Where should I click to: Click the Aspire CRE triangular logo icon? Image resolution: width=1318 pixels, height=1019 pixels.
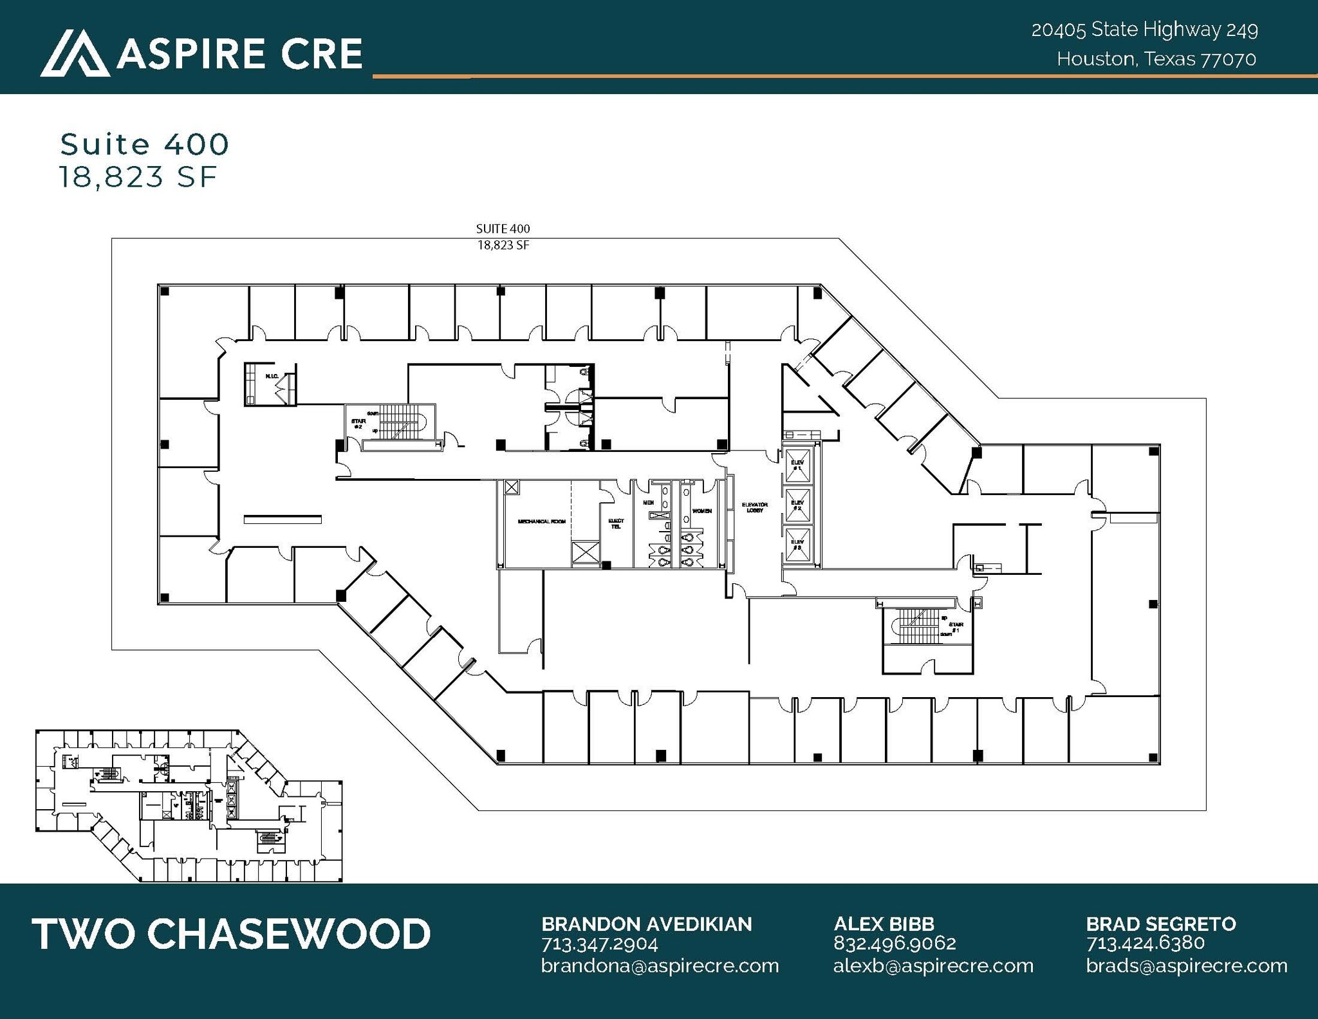[75, 53]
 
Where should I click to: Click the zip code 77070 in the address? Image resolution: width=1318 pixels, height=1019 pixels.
[1229, 59]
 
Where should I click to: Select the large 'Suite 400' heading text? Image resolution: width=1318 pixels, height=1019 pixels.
[144, 144]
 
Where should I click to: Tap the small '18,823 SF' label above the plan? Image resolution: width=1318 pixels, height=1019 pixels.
[503, 245]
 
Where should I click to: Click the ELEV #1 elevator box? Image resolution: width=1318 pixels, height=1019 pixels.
[797, 465]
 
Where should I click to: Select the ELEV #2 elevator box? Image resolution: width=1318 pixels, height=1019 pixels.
[797, 505]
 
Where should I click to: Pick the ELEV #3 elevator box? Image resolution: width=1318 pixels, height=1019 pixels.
[797, 545]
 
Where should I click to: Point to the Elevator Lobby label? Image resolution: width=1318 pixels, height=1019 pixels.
[754, 508]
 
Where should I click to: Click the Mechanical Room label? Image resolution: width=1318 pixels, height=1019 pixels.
[541, 521]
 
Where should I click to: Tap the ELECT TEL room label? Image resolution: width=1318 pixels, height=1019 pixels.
[616, 524]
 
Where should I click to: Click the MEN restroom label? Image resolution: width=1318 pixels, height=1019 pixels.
[648, 503]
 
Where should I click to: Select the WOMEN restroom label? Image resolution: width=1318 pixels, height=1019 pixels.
[701, 511]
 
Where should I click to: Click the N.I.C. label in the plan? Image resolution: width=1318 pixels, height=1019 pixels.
[271, 376]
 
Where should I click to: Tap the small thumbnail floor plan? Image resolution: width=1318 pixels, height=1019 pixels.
[189, 805]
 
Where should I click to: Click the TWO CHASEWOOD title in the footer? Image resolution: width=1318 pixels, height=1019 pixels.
[231, 934]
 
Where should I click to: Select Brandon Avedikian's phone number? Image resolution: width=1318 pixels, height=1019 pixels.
[599, 944]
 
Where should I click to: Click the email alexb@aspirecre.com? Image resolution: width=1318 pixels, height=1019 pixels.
[933, 966]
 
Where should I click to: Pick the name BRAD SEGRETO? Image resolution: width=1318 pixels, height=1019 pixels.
[1160, 924]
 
